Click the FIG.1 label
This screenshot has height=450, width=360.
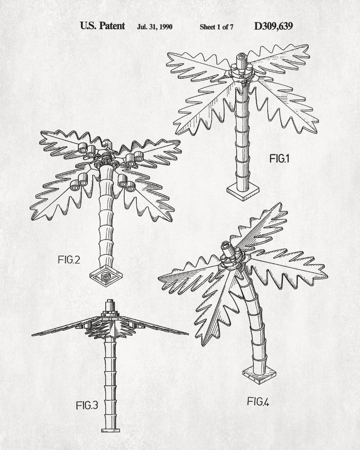(x=279, y=158)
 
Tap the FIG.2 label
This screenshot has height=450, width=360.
(x=69, y=260)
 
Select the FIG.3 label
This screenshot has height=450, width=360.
(x=87, y=405)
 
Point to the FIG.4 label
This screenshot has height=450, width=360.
(x=258, y=401)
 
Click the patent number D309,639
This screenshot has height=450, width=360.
(x=273, y=26)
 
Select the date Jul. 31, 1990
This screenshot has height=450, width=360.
(x=155, y=27)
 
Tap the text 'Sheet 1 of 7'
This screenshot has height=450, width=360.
(x=216, y=27)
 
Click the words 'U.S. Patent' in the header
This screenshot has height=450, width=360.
(x=103, y=26)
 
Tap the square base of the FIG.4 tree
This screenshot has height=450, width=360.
(x=259, y=374)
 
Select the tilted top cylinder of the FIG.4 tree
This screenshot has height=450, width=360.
(x=229, y=249)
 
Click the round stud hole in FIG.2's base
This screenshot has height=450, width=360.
(x=106, y=277)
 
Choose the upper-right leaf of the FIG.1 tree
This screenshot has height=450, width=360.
(x=279, y=59)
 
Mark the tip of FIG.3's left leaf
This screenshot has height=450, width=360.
(x=32, y=335)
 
